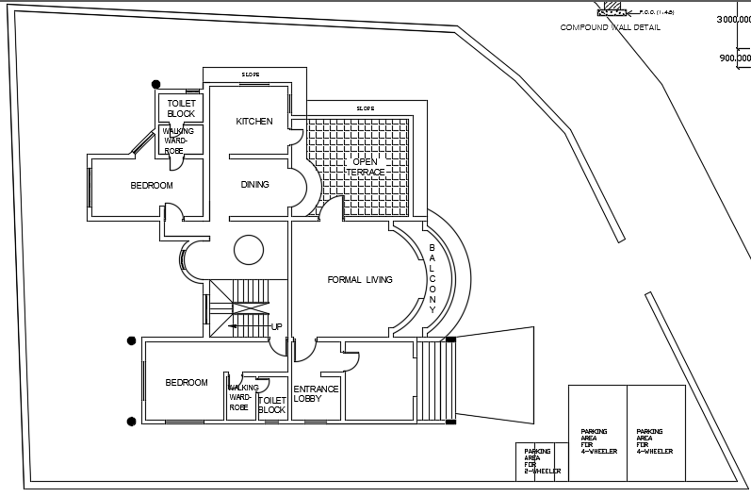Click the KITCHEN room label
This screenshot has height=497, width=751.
coord(254,122)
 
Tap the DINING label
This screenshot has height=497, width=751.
coord(254,185)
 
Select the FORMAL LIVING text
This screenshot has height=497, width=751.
coord(359,280)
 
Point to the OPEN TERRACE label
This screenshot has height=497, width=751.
coord(365,167)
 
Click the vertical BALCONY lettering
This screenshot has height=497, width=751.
coord(433,278)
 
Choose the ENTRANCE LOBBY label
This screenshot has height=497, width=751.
coord(316,393)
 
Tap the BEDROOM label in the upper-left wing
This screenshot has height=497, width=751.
coord(152,186)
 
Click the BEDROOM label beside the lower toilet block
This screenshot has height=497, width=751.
coord(187,382)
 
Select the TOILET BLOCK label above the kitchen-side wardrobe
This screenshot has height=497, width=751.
coord(181,108)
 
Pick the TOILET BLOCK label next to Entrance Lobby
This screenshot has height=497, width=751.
coord(271,406)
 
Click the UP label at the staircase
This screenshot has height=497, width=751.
coord(276,326)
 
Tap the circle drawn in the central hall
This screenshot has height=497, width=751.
coord(248,250)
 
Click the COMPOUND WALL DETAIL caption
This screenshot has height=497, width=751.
coord(611,27)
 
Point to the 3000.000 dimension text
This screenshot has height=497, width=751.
coord(733,19)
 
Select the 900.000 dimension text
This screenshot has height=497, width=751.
coord(735,58)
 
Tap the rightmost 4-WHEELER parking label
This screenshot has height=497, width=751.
coord(655,441)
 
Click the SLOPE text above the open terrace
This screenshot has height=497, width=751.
coord(365,108)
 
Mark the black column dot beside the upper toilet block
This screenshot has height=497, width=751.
coord(156,84)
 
